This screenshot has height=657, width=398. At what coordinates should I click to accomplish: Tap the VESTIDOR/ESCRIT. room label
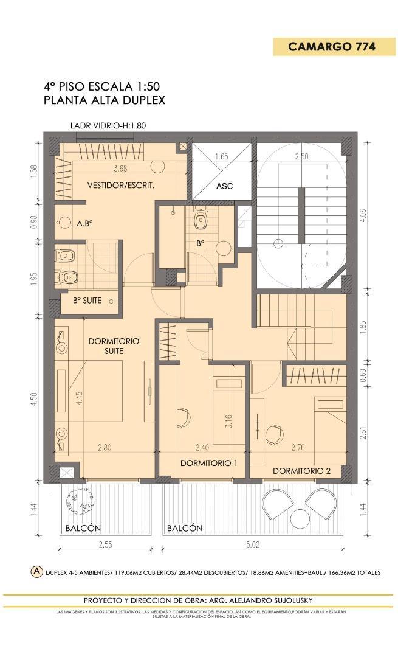coord(121,186)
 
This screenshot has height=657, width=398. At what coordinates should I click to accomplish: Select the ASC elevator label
coord(224,186)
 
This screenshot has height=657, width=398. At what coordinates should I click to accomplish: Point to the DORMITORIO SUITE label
coord(114,346)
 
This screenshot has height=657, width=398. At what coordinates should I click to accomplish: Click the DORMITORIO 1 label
coord(208,463)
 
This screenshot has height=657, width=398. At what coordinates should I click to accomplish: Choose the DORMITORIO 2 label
coord(301,471)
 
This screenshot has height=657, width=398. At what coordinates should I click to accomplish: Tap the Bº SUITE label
coord(87,301)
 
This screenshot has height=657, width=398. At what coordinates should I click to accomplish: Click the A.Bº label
coord(84,223)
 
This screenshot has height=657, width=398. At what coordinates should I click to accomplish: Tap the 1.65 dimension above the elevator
coord(222,157)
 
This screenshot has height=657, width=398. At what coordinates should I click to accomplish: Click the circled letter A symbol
coord(36,572)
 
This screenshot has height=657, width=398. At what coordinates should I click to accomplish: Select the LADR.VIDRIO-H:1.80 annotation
coord(108,126)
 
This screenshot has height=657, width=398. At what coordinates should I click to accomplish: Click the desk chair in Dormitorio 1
coord(182,419)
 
